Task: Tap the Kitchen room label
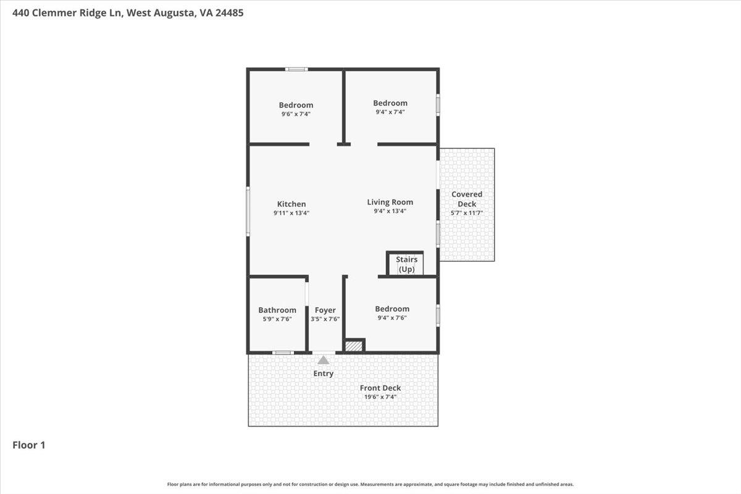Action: (x=291, y=204)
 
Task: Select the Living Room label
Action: (x=390, y=202)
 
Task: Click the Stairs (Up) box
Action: (x=406, y=264)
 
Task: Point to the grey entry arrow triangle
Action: (x=324, y=359)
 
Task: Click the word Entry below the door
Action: (x=324, y=374)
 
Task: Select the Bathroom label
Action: (x=277, y=310)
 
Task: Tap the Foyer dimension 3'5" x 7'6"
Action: (x=325, y=319)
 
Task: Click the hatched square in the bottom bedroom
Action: (x=354, y=346)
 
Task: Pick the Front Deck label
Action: (x=380, y=388)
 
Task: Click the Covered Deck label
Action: (x=467, y=199)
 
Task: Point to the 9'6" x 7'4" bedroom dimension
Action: (x=296, y=114)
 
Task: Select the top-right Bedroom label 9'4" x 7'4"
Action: (x=390, y=103)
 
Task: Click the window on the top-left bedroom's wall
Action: (x=296, y=69)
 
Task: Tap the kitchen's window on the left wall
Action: (x=248, y=212)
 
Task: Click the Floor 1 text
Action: (x=29, y=445)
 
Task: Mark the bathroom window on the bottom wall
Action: (x=283, y=353)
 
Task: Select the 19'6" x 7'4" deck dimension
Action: (x=380, y=397)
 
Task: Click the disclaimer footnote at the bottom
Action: (x=371, y=485)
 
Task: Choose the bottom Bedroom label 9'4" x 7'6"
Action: (x=392, y=309)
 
